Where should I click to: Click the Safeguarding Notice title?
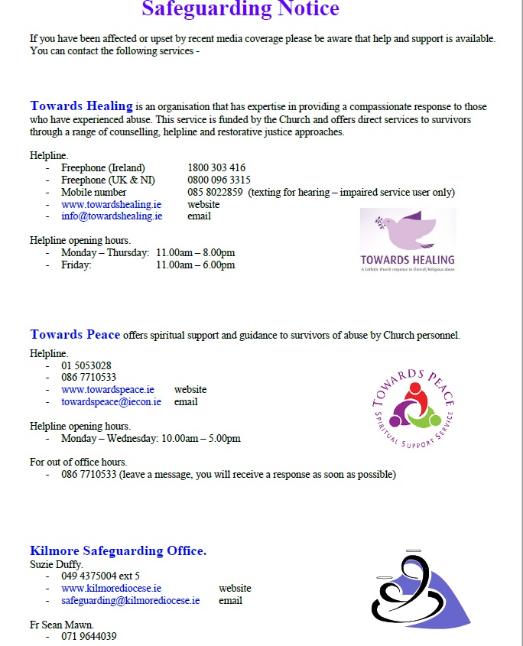[240, 9]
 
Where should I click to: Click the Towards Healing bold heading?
[82, 106]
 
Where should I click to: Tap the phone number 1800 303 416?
[216, 168]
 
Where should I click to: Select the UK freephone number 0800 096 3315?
[219, 180]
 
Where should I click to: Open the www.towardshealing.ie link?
[112, 205]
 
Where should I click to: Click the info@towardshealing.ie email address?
[112, 216]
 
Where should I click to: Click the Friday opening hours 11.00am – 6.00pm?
[195, 265]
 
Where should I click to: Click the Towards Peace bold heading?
[75, 335]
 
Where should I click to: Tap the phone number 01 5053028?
[86, 365]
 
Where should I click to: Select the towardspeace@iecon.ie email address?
[112, 402]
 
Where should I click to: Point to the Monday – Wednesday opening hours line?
[151, 439]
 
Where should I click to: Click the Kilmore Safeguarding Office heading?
[119, 550]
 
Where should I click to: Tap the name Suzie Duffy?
[57, 564]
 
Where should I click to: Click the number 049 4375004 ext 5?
[100, 576]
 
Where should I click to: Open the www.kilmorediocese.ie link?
[112, 589]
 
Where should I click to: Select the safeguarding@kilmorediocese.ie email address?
[131, 601]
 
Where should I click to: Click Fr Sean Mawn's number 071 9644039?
[89, 636]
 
